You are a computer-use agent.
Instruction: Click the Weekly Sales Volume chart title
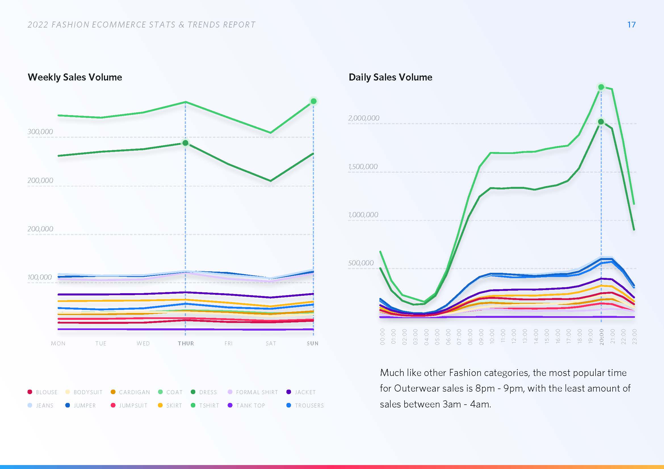75,77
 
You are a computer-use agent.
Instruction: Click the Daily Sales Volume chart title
390,77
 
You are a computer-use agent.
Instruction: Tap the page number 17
631,25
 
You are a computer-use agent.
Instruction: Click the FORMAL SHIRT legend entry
253,392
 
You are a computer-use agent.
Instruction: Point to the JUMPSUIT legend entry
129,405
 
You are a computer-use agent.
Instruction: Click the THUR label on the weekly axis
186,343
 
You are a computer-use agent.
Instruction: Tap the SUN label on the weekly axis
313,343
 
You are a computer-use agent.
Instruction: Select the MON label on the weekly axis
58,343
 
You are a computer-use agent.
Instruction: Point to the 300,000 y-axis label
40,132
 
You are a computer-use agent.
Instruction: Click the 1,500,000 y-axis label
363,166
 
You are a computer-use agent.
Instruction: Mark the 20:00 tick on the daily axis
602,337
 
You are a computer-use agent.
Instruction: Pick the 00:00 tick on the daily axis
382,337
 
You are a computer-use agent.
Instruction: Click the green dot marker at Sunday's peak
313,101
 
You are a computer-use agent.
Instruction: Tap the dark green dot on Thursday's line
185,143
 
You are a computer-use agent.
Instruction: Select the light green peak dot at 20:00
601,87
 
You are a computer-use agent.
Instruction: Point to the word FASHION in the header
70,25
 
